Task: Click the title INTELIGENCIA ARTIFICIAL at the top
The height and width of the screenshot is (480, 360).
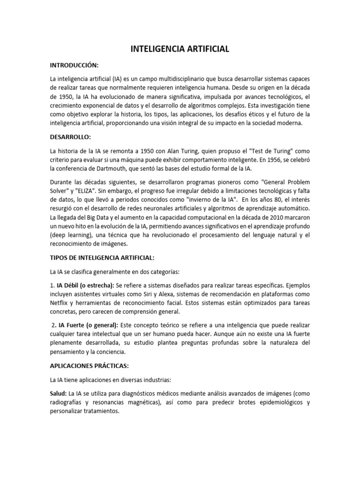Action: pyautogui.click(x=180, y=48)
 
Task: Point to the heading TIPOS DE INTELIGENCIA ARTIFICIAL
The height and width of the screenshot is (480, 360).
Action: pyautogui.click(x=102, y=257)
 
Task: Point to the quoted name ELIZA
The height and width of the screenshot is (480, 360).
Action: pyautogui.click(x=73, y=191)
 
